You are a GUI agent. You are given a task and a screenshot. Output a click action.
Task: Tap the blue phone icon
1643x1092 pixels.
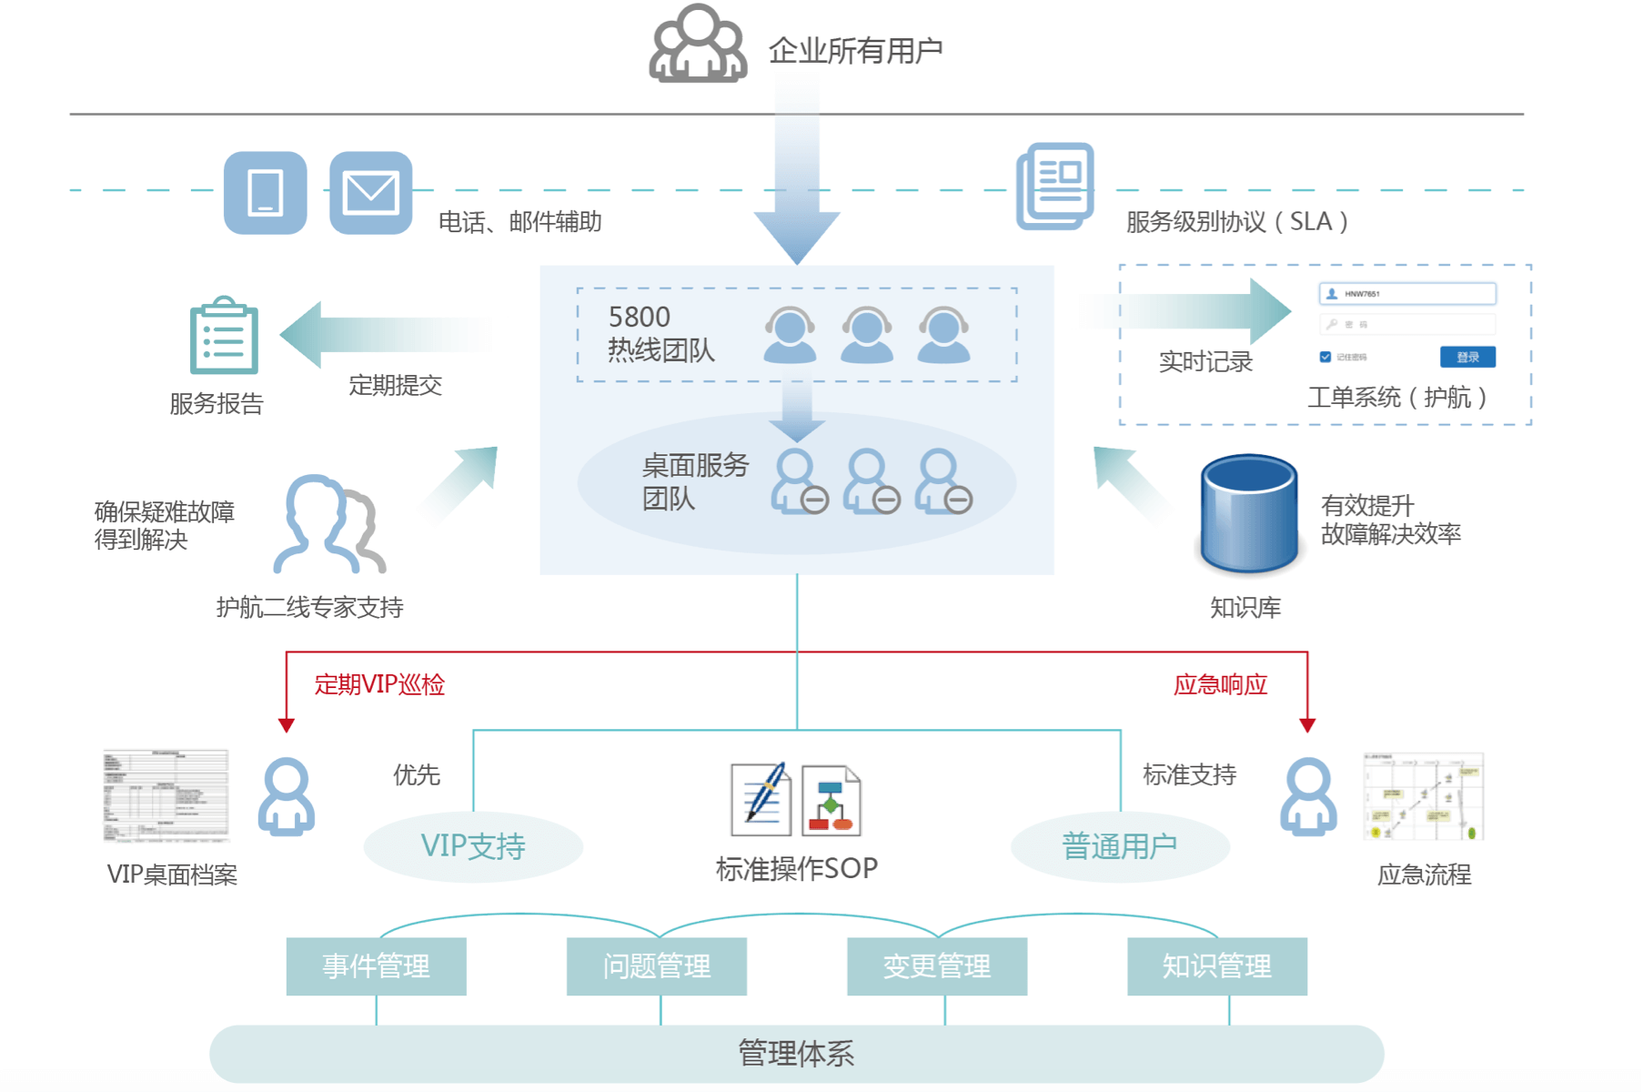pos(265,193)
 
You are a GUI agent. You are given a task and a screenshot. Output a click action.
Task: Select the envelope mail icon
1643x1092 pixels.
pos(370,193)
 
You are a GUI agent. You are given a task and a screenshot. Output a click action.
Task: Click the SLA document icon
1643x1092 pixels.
pos(1055,186)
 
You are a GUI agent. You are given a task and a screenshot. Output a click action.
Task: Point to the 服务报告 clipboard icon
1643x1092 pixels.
pos(224,336)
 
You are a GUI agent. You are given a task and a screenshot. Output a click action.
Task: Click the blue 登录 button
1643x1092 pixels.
pos(1467,357)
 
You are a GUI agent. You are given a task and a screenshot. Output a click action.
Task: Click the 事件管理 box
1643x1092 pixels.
pos(376,966)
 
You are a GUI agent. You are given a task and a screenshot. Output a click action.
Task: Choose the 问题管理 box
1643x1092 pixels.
pos(656,966)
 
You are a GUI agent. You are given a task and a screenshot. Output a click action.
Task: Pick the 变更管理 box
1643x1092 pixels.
pos(936,966)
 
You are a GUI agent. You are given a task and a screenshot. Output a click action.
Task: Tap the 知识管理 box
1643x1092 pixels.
pos(1216,966)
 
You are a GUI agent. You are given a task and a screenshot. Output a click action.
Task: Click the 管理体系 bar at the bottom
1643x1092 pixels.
pos(796,1054)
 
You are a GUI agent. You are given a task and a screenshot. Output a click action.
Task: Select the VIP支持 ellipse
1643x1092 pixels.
pos(473,846)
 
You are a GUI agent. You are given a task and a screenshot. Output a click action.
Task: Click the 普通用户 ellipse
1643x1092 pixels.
pos(1119,846)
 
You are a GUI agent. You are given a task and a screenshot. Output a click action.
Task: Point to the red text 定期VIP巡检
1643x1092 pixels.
pos(379,684)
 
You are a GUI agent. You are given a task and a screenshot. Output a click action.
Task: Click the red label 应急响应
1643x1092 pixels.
pos(1220,684)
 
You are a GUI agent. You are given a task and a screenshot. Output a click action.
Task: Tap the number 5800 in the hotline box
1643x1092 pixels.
pos(639,317)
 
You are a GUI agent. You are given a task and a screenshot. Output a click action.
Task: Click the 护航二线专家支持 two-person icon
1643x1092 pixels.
pos(329,524)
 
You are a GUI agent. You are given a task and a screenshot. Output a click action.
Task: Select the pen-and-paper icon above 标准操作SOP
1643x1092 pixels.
pos(761,799)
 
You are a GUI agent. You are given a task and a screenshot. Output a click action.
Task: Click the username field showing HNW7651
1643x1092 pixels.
pos(1406,294)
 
